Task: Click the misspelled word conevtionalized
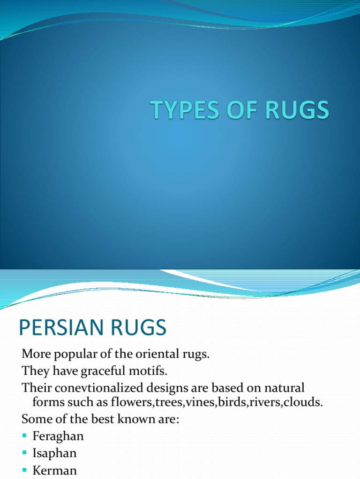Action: click(x=106, y=388)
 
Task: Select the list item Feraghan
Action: click(x=58, y=436)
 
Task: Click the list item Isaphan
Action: click(x=54, y=453)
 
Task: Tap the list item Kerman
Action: click(x=54, y=470)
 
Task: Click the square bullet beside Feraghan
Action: click(x=25, y=436)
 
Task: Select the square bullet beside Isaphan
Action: click(x=25, y=453)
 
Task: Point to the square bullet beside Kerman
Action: click(x=25, y=470)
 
